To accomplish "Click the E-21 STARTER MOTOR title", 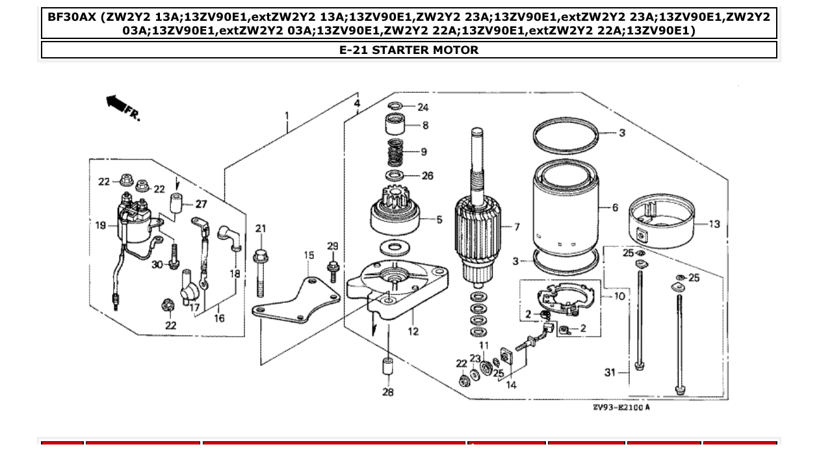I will [409, 50].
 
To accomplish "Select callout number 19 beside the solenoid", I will [100, 225].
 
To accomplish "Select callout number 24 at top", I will [423, 107].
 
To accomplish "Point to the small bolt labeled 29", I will [333, 268].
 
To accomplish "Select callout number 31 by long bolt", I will [609, 372].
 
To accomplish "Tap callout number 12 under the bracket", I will [413, 331].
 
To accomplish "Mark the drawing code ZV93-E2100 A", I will [621, 407].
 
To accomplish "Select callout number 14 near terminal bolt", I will [511, 385].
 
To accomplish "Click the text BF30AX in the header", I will [71, 16].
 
